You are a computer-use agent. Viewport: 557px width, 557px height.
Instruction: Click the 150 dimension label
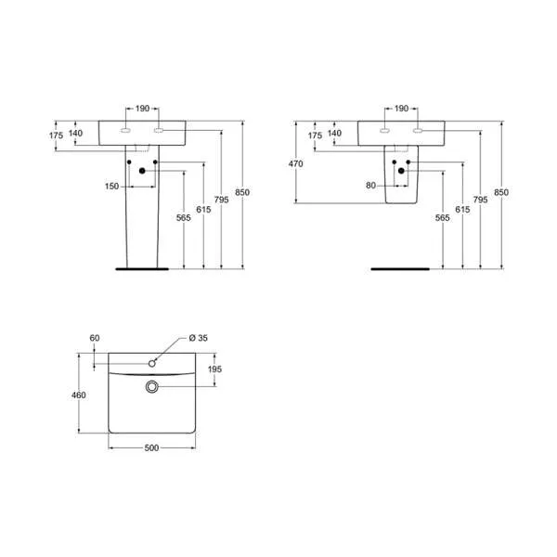tap(111, 187)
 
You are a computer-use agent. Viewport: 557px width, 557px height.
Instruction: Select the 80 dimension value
tap(370, 187)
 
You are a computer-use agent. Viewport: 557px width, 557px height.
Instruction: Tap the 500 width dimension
tap(152, 448)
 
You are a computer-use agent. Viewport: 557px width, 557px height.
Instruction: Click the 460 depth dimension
tap(79, 395)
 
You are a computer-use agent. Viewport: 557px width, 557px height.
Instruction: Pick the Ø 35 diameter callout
tap(197, 337)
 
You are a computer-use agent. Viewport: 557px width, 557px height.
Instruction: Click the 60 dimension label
tap(94, 337)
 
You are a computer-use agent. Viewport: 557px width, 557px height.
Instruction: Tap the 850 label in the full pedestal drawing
tap(242, 192)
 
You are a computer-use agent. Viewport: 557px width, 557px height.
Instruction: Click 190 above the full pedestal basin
tap(142, 109)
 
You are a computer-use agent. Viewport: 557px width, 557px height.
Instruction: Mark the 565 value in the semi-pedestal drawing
tap(442, 218)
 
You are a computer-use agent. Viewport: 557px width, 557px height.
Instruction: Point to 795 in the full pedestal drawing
tap(221, 199)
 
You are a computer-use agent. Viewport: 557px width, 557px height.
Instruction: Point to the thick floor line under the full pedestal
tap(141, 267)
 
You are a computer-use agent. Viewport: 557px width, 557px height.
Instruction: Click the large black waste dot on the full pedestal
tap(142, 171)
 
